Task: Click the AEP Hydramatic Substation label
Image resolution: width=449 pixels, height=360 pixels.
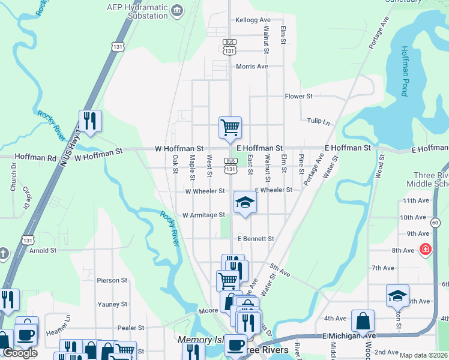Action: click(x=136, y=12)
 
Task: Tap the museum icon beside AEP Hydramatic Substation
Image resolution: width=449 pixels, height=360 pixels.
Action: click(x=177, y=10)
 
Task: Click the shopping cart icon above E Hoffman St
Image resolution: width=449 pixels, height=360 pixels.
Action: click(x=230, y=127)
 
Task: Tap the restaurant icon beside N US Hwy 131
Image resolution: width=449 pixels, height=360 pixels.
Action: click(x=90, y=121)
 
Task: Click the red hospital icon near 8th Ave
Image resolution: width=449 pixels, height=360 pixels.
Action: click(x=426, y=248)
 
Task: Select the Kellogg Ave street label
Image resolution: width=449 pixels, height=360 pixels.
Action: click(x=253, y=20)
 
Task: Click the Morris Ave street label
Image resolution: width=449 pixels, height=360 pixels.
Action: click(x=252, y=66)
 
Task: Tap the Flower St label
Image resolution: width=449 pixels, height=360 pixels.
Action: click(x=298, y=96)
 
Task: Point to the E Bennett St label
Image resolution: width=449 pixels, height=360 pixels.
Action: click(x=255, y=239)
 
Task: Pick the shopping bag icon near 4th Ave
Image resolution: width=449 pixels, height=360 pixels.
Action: click(x=363, y=320)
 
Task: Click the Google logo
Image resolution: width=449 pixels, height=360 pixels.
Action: click(x=20, y=353)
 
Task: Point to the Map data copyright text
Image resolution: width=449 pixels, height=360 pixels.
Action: click(x=423, y=355)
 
